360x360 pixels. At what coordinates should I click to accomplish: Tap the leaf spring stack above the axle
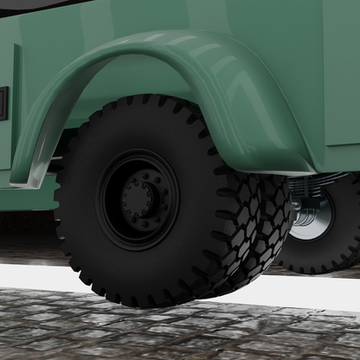click(x=316, y=183)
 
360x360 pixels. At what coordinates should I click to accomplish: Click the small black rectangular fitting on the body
click(x=3, y=103)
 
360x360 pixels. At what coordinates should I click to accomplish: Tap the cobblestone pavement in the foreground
click(x=173, y=333)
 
